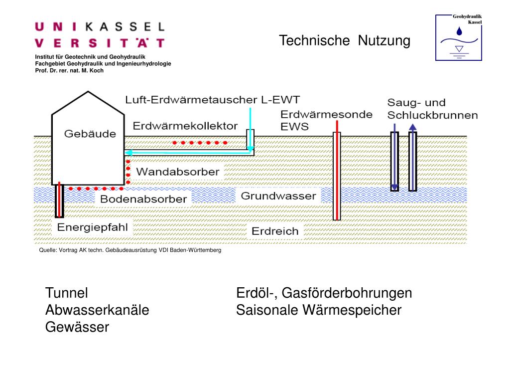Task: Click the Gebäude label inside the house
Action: pyautogui.click(x=90, y=134)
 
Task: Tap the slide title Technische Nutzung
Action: pyautogui.click(x=345, y=41)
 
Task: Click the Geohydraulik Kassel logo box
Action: pyautogui.click(x=459, y=37)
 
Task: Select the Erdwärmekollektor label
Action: pyautogui.click(x=185, y=126)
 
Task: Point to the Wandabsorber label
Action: pyautogui.click(x=178, y=172)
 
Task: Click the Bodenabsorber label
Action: pyautogui.click(x=143, y=199)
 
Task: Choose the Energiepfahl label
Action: pyautogui.click(x=92, y=227)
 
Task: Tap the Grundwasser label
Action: pyautogui.click(x=278, y=195)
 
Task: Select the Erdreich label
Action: pyautogui.click(x=275, y=231)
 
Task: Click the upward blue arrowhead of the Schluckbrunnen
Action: pyautogui.click(x=412, y=127)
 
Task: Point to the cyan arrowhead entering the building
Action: pyautogui.click(x=128, y=153)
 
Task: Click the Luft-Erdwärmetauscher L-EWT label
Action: pyautogui.click(x=212, y=100)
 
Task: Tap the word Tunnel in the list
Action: pyautogui.click(x=67, y=293)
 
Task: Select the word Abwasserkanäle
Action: pyautogui.click(x=97, y=310)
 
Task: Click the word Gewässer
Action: pyautogui.click(x=77, y=327)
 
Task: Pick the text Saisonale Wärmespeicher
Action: pyautogui.click(x=319, y=310)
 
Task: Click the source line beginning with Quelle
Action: pyautogui.click(x=130, y=250)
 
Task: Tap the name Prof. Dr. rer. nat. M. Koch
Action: pyautogui.click(x=69, y=70)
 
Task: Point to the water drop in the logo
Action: pyautogui.click(x=459, y=31)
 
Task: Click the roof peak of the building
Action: pyautogui.click(x=88, y=92)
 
